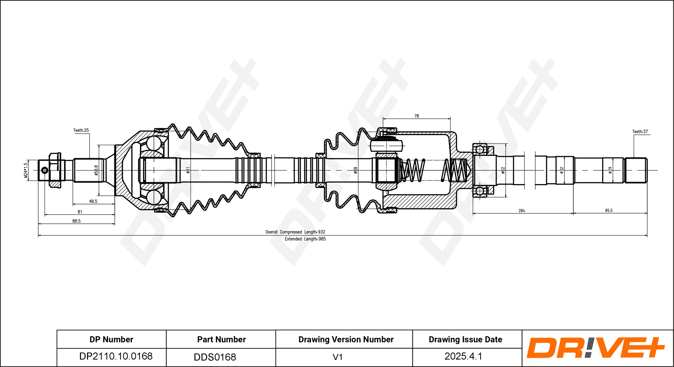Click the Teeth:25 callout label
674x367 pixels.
[81, 130]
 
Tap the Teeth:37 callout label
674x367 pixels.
[640, 131]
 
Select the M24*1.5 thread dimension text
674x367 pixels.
[26, 170]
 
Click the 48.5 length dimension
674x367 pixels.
[93, 201]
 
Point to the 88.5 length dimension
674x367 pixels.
[76, 221]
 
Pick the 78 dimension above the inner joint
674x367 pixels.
[417, 116]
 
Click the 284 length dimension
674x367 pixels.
[522, 211]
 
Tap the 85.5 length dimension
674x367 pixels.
[609, 210]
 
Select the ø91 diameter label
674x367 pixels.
[188, 170]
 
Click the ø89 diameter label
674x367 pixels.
[356, 170]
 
